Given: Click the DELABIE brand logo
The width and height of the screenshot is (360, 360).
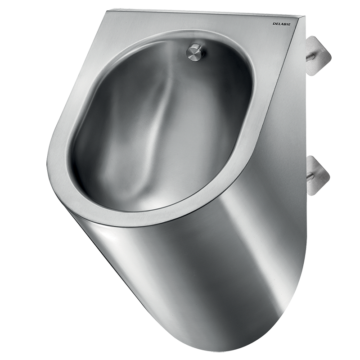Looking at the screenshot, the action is (x=281, y=24).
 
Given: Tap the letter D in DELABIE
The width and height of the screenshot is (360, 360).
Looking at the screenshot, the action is (x=273, y=24).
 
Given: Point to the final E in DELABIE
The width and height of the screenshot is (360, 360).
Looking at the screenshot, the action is (x=289, y=24).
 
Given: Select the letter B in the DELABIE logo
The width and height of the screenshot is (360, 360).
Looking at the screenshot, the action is (x=284, y=24).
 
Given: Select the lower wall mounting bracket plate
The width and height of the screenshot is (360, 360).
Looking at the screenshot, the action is (x=319, y=176).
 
